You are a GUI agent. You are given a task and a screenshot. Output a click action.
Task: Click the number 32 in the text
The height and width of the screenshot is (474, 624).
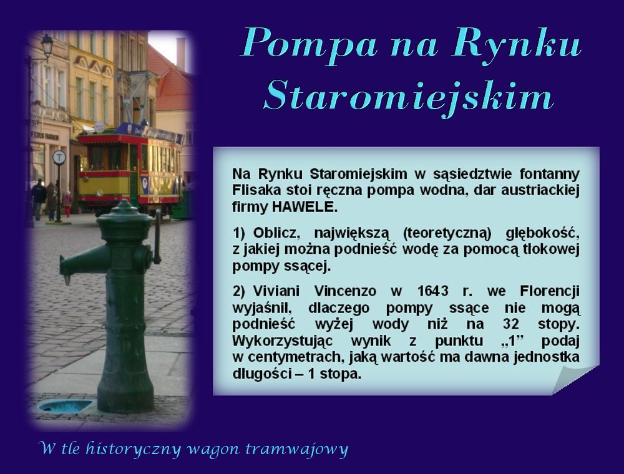510,324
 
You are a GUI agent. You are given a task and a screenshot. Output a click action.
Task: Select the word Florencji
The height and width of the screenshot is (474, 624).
550,291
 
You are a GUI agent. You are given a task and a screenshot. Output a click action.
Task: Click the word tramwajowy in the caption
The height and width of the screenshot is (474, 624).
297,448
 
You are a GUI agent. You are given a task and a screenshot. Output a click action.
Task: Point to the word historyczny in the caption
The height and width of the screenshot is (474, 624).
134,448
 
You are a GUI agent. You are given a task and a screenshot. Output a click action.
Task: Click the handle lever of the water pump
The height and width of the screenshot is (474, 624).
158,236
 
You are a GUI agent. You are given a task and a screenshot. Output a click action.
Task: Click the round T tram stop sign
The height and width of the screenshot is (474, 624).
59,157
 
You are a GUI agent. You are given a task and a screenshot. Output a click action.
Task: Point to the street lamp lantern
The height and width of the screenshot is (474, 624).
47,45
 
